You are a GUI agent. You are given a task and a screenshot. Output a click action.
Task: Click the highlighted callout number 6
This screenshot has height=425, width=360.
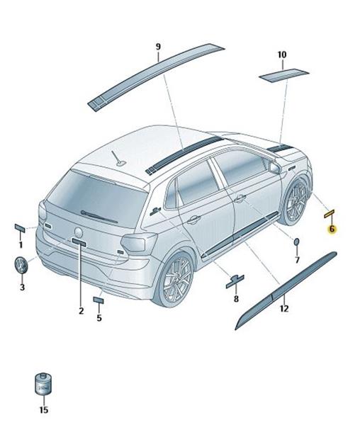pyautogui.click(x=332, y=229)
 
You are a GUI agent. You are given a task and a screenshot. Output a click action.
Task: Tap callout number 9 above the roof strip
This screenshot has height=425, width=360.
pyautogui.click(x=158, y=47)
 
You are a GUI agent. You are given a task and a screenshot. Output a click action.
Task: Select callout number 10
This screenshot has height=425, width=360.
pyautogui.click(x=282, y=55)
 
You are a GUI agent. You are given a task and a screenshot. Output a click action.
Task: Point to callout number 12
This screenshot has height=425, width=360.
pyautogui.click(x=284, y=308)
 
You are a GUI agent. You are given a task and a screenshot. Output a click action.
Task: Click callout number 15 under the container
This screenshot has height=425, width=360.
pyautogui.click(x=44, y=410)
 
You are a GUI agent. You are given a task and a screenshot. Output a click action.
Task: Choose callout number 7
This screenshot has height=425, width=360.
pyautogui.click(x=297, y=260)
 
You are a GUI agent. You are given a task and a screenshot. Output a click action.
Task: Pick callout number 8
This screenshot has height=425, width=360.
pyautogui.click(x=236, y=299)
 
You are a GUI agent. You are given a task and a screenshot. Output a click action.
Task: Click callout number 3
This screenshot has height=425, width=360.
pyautogui.click(x=22, y=287)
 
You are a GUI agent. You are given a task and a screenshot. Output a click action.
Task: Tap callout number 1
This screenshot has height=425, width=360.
pyautogui.click(x=21, y=245)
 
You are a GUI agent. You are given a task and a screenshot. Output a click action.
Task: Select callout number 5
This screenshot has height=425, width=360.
pyautogui.click(x=99, y=317)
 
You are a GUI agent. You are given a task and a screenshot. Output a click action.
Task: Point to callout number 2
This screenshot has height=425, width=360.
pyautogui.click(x=81, y=311)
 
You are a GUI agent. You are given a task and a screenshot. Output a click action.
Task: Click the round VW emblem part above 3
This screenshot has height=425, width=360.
pyautogui.click(x=21, y=265)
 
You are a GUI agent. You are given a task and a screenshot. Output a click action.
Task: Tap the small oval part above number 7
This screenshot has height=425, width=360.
pyautogui.click(x=297, y=242)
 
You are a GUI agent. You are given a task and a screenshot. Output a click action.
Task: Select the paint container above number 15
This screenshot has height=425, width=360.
pyautogui.click(x=43, y=385)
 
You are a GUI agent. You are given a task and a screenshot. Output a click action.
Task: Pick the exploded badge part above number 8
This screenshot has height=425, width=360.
pyautogui.click(x=235, y=282)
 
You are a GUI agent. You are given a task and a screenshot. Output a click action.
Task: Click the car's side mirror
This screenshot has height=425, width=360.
pyautogui.click(x=275, y=167)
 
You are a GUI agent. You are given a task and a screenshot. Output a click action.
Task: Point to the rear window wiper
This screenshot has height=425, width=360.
pyautogui.click(x=99, y=217)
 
